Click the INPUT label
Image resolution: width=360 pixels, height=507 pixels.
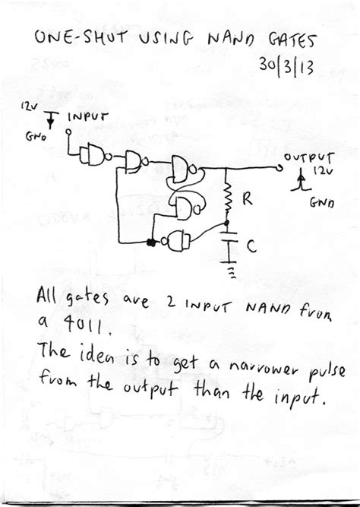(89, 118)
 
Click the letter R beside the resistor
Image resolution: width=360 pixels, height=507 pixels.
(246, 201)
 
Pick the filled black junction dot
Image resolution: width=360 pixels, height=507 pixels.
(150, 242)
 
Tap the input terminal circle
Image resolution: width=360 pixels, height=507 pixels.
(68, 138)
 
